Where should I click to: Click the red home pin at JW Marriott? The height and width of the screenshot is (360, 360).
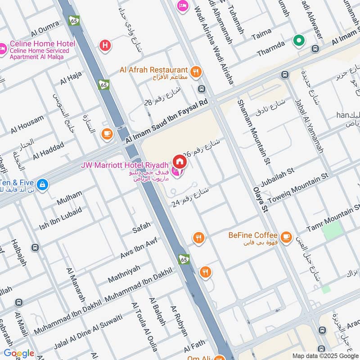(180, 161)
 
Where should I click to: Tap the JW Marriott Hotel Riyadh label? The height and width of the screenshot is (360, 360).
(125, 165)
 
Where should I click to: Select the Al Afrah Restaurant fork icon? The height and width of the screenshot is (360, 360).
(196, 71)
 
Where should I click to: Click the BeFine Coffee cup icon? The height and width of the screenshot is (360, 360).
(285, 236)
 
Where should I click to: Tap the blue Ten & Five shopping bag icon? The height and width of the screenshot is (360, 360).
(42, 184)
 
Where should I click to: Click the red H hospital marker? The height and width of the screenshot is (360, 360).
(105, 45)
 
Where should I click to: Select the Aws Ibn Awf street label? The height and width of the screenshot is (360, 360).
(139, 248)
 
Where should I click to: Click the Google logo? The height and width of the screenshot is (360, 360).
(18, 353)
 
